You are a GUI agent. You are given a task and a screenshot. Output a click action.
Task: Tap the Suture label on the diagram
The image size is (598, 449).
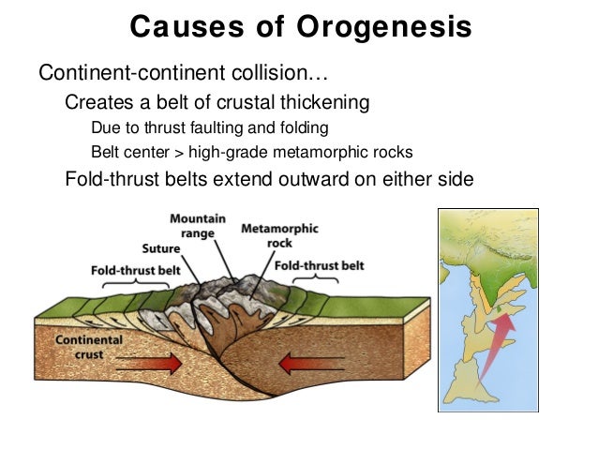coord(161,249)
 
